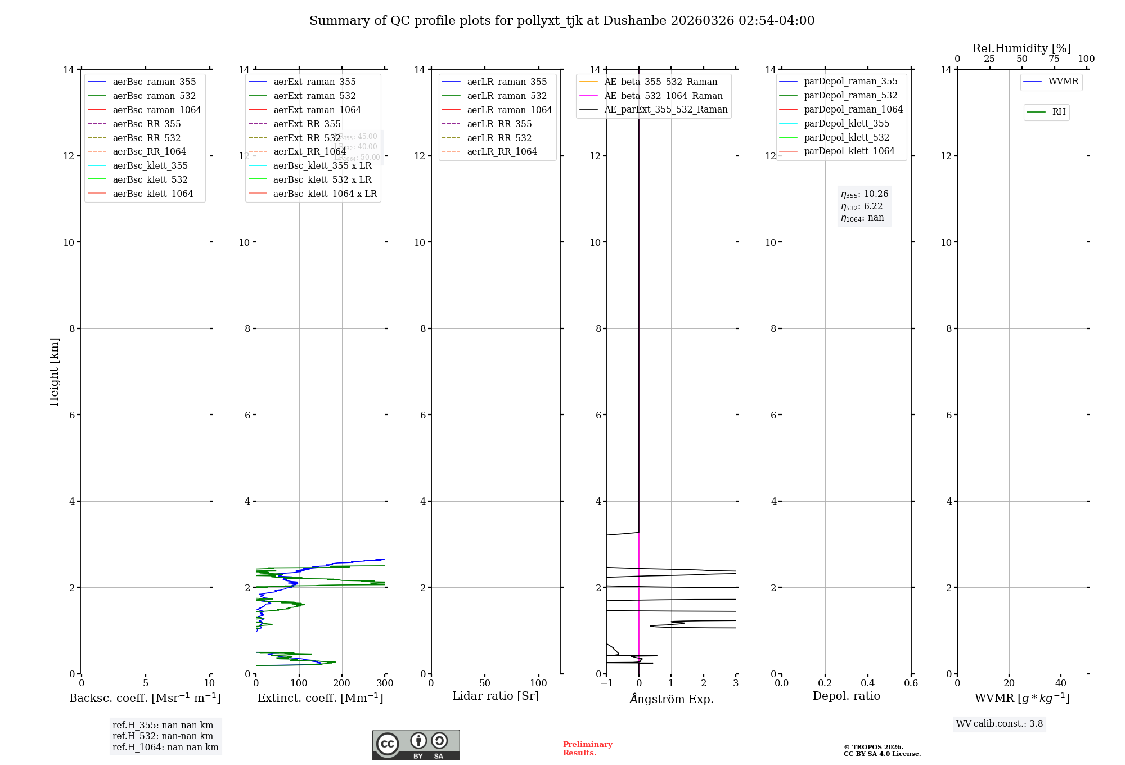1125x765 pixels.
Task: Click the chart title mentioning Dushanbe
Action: click(x=562, y=21)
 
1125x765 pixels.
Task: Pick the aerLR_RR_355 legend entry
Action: click(x=499, y=124)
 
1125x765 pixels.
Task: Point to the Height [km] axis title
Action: click(x=54, y=372)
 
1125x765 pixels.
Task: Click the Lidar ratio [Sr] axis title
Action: click(x=496, y=696)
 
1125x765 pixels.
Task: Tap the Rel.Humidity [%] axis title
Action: click(x=1021, y=48)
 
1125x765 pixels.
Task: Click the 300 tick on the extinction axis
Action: click(x=385, y=683)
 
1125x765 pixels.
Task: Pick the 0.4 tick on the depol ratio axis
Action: click(x=868, y=683)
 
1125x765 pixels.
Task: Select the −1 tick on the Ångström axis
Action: click(x=606, y=683)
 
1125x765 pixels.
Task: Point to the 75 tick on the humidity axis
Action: click(x=1054, y=59)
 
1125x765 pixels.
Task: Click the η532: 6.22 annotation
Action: click(x=862, y=206)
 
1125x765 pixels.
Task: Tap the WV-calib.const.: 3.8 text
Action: click(x=1000, y=724)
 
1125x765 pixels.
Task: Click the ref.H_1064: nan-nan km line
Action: click(x=165, y=747)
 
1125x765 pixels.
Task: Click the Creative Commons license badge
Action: click(x=416, y=745)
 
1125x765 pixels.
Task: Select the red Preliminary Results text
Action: click(x=587, y=749)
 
